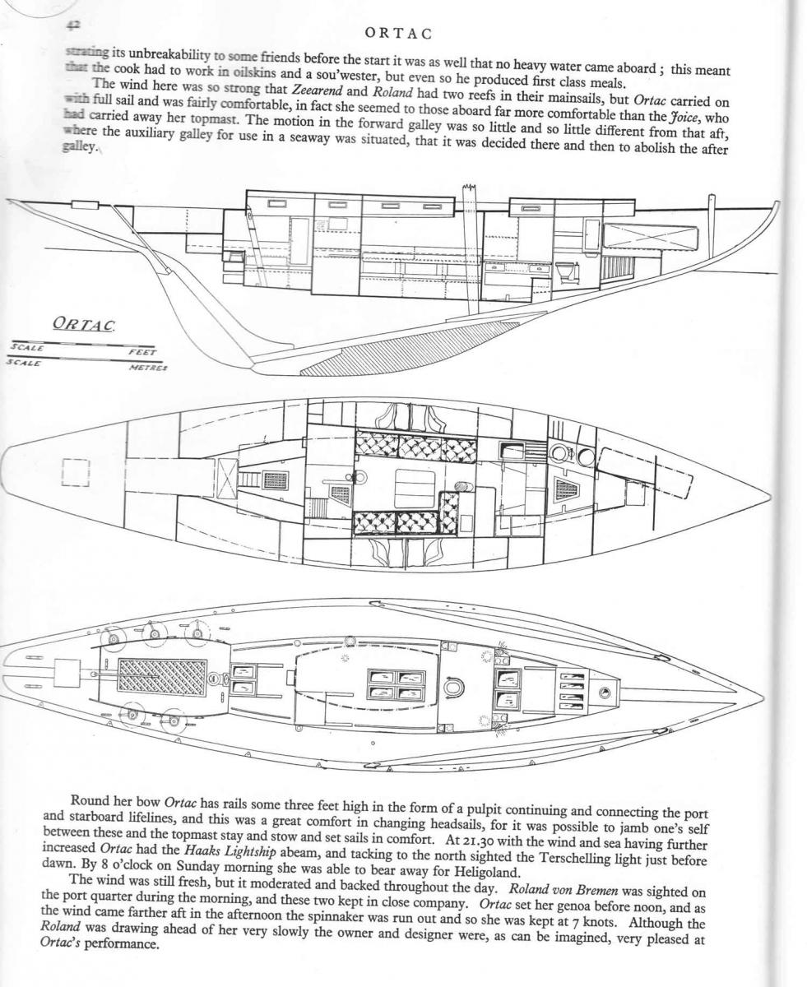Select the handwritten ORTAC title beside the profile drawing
85,323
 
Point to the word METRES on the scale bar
148,368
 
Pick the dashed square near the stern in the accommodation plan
75,473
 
